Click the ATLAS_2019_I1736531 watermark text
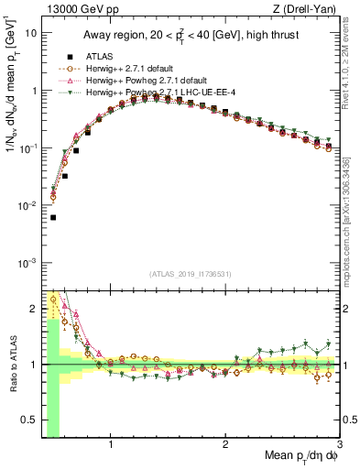point(191,274)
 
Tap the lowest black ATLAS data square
point(53,218)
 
